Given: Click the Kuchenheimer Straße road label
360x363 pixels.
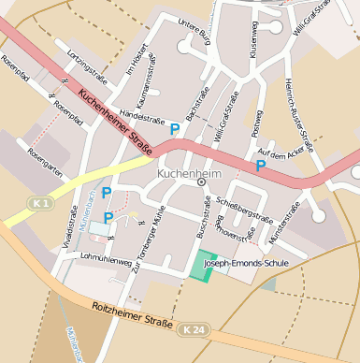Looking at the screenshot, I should tap(115, 116).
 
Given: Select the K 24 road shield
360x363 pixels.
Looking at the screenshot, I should tap(193, 329).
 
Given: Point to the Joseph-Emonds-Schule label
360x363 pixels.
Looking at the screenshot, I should tap(246, 264).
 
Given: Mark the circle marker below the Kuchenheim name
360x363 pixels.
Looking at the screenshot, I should tap(201, 183).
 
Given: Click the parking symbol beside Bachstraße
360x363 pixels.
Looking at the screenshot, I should tap(174, 128).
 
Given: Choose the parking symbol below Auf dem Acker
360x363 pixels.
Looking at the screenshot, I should tap(261, 166).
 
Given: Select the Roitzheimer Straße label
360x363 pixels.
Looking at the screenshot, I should tap(132, 314).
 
